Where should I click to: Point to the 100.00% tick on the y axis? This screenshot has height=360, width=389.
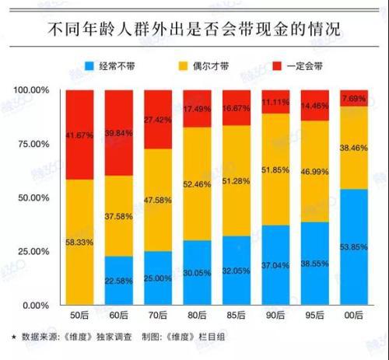click(x=32, y=90)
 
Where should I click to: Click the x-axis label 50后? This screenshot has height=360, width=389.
click(x=82, y=316)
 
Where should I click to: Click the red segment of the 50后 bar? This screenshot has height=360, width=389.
click(x=82, y=135)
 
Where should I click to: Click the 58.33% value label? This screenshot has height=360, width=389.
click(x=82, y=243)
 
